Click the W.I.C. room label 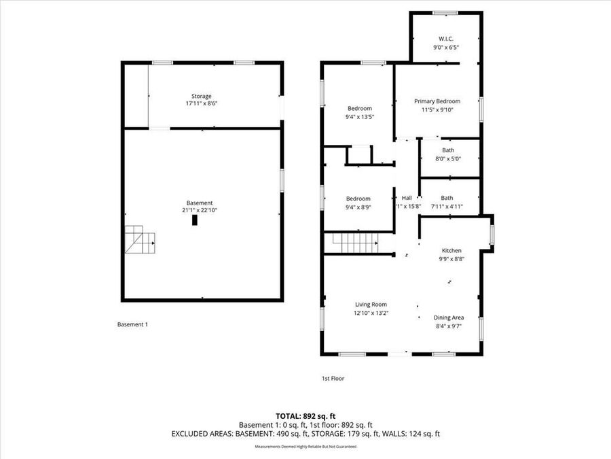pos(446,38)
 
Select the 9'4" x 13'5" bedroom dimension pos(360,117)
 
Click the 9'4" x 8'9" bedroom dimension pos(358,207)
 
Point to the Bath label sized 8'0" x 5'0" pos(447,150)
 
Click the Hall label pos(407,198)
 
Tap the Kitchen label pos(451,250)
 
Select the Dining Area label pos(449,318)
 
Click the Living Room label pos(371,305)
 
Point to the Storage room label pos(201,96)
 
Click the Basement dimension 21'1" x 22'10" pos(200,211)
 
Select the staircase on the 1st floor pos(353,241)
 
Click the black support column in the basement pos(195,220)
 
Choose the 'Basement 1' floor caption pos(132,324)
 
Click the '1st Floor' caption pos(333,378)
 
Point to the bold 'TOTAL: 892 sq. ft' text pos(305,415)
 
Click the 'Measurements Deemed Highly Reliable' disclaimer pos(305,447)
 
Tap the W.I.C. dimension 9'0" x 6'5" pos(446,48)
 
